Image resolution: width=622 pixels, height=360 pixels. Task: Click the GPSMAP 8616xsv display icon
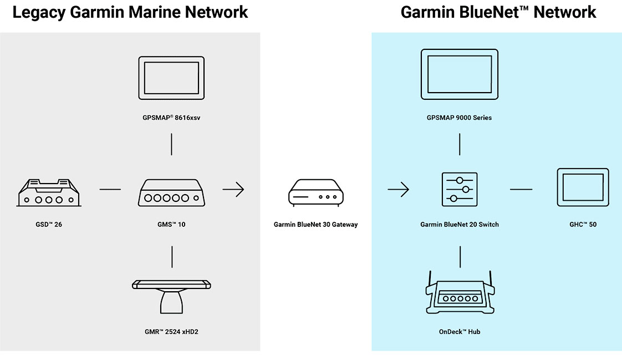tap(171, 78)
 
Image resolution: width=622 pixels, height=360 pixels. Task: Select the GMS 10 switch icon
tap(171, 193)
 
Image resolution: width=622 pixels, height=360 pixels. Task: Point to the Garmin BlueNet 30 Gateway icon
tap(315, 192)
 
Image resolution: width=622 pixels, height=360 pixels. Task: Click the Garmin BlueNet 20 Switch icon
tap(460, 189)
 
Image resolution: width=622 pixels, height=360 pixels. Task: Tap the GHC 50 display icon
tap(582, 187)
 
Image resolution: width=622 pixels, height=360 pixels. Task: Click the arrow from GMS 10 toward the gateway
tap(233, 190)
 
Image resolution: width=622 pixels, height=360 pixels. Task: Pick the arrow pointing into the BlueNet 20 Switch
tap(398, 190)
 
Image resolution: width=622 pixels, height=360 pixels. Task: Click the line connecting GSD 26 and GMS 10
tap(110, 190)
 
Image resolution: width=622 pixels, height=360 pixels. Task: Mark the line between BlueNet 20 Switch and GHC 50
tap(521, 190)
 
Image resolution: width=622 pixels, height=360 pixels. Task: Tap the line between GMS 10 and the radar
tap(172, 257)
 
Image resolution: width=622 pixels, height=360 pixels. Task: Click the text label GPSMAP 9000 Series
tap(459, 118)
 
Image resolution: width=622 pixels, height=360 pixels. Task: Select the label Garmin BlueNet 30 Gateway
tap(315, 225)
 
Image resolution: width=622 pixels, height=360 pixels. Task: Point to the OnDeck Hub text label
tap(459, 332)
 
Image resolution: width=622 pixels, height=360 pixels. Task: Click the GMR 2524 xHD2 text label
tap(171, 332)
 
